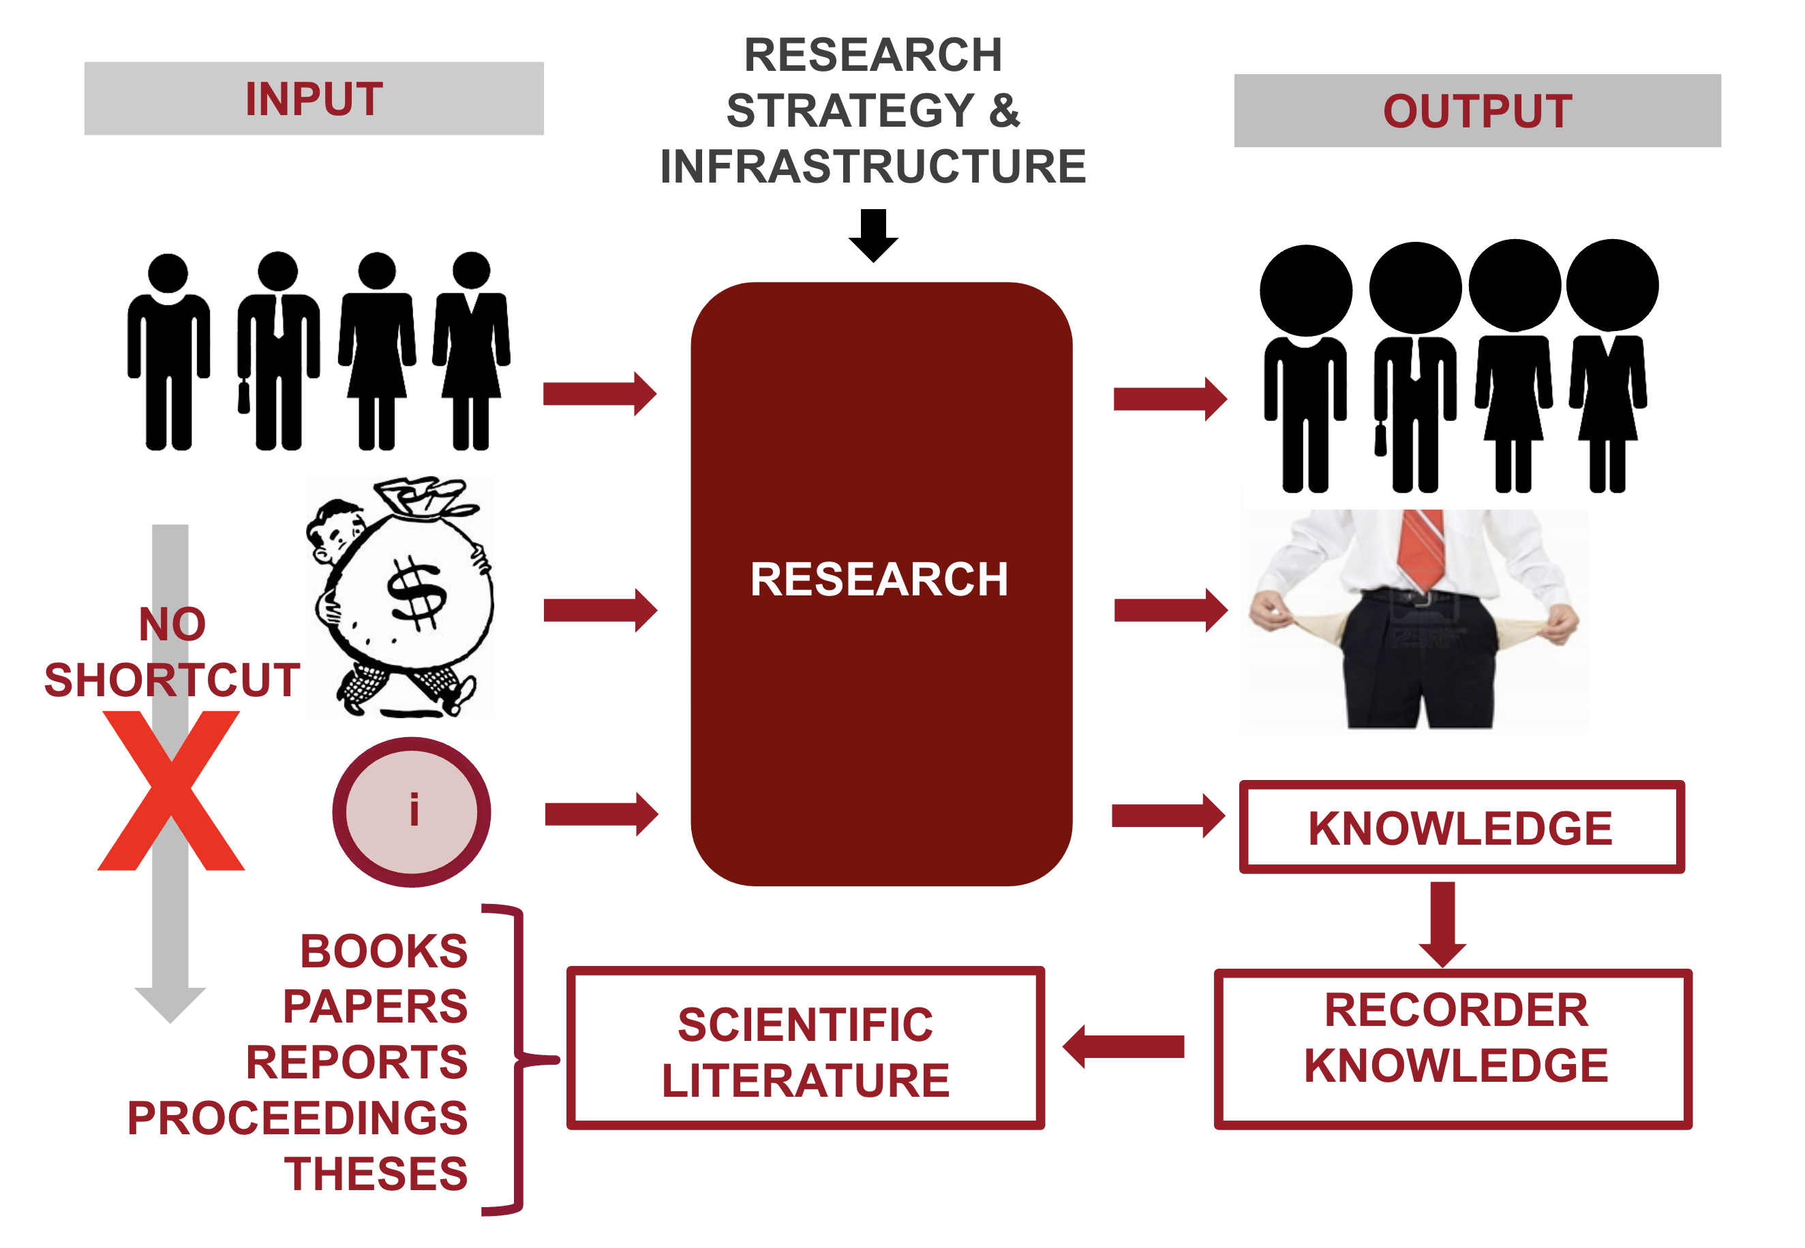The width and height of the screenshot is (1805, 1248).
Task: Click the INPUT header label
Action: (314, 99)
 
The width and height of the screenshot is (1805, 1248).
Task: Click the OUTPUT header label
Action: (1476, 111)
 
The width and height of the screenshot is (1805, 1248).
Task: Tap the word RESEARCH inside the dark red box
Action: (879, 580)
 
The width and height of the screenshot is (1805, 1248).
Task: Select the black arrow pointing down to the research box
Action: (873, 234)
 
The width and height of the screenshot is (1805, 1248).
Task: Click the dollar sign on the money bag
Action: (417, 594)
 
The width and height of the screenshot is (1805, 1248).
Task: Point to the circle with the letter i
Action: (412, 811)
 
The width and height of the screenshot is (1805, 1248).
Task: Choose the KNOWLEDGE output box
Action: (1461, 827)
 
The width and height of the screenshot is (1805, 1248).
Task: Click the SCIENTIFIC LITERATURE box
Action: (805, 1048)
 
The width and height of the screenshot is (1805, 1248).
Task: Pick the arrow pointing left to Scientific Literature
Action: (1123, 1046)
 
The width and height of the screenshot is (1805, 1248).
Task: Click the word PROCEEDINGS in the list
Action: (297, 1118)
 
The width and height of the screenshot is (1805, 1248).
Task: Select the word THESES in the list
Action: (376, 1174)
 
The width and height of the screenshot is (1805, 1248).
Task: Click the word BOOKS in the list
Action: (383, 951)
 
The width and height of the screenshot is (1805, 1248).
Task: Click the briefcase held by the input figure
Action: (244, 396)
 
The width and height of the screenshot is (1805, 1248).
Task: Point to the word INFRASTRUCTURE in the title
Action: (873, 166)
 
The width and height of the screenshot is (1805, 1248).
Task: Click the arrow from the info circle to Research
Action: (601, 814)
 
